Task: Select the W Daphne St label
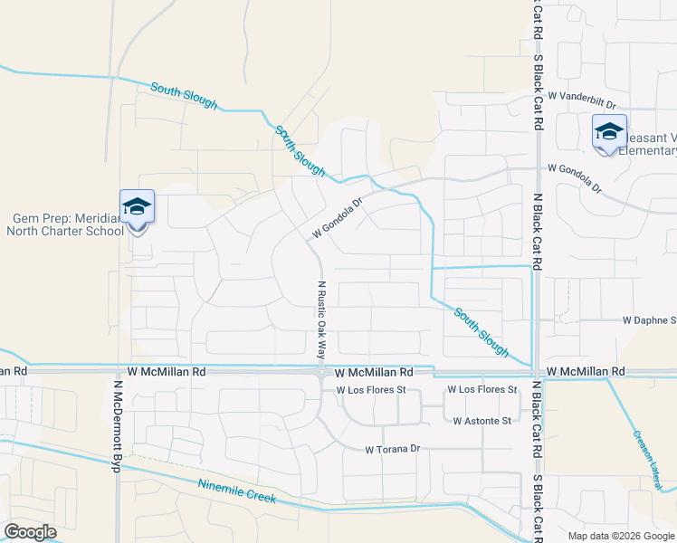648,320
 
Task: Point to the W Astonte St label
482,421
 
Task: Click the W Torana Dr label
393,449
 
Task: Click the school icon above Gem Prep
137,207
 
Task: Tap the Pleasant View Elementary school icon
609,132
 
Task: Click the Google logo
30,532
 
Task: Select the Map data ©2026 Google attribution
621,536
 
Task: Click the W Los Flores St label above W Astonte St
482,390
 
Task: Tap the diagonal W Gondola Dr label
336,218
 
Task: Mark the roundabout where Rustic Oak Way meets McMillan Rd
321,372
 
